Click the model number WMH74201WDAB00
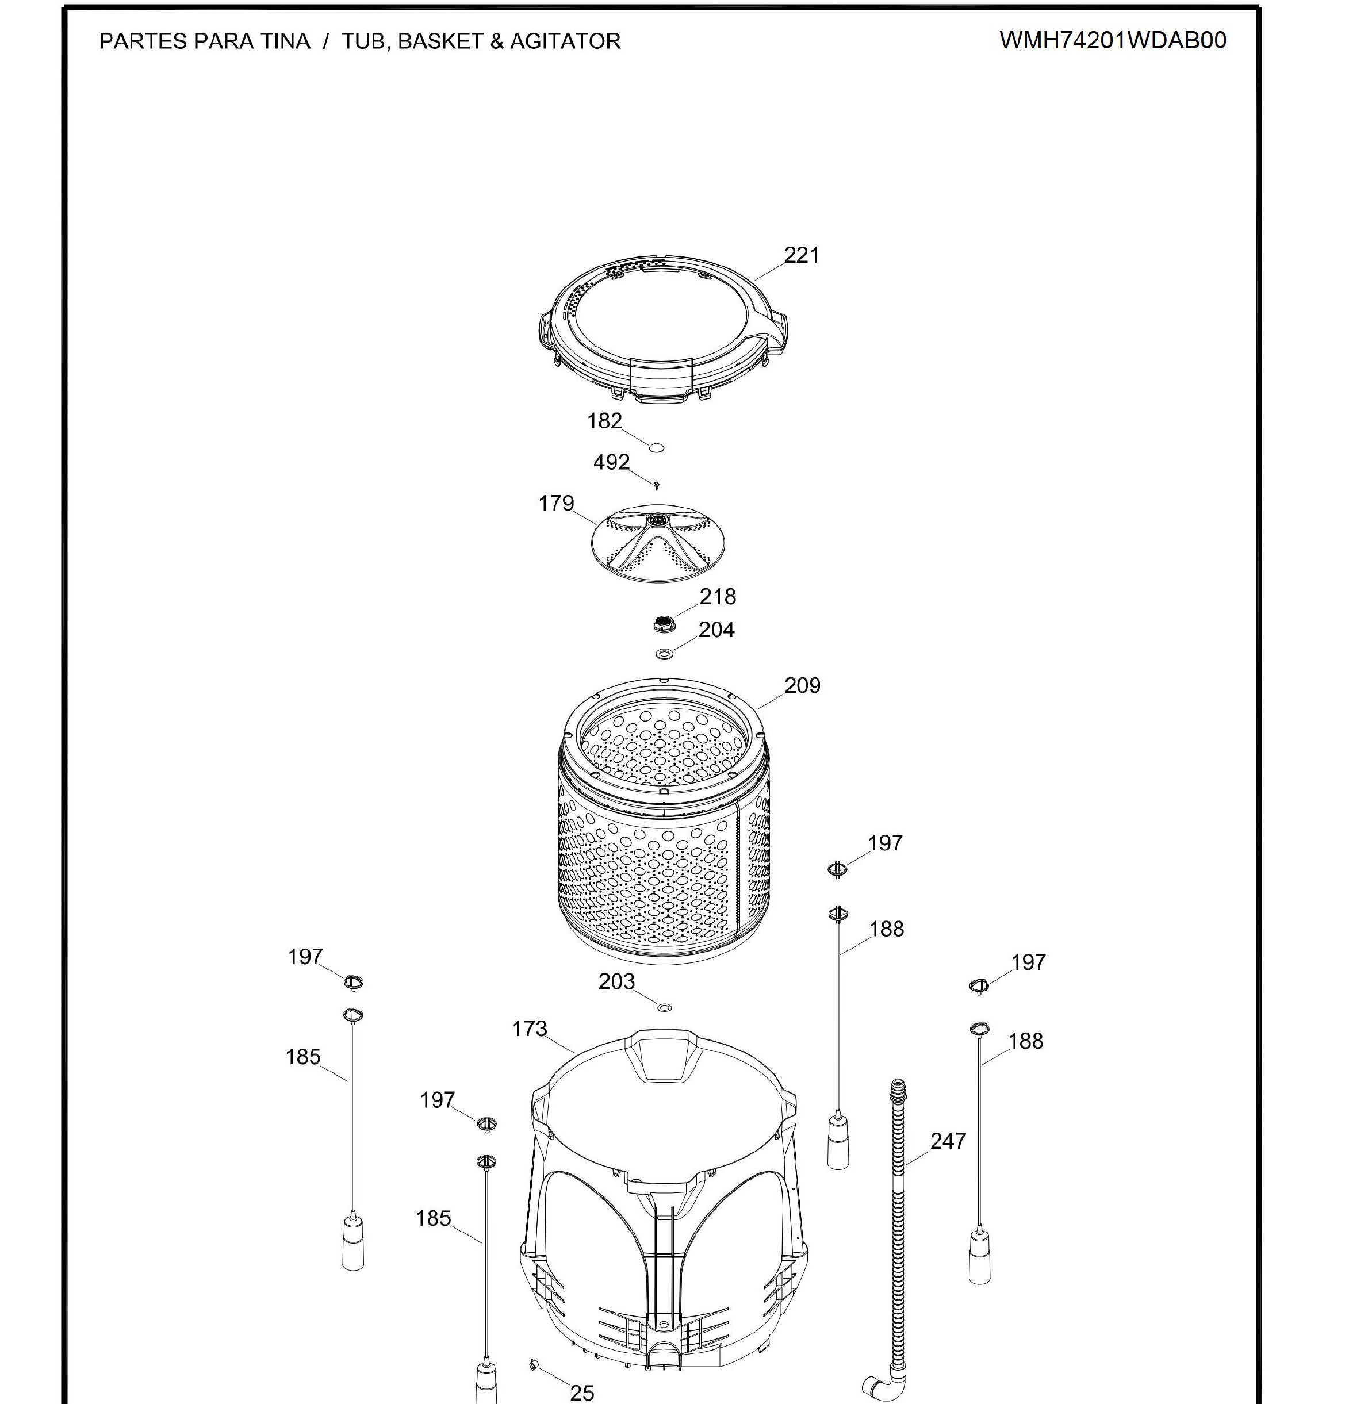tap(1112, 40)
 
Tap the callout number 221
tap(802, 255)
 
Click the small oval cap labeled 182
tap(656, 448)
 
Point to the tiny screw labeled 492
tap(656, 486)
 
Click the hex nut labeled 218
tap(664, 624)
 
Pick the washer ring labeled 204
tap(665, 654)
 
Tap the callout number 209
tap(802, 685)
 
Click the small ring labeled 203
tap(665, 1008)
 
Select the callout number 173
tap(530, 1029)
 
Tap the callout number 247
tap(948, 1141)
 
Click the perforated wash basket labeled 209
tap(664, 821)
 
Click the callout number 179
tap(556, 504)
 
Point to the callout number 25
tap(582, 1393)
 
